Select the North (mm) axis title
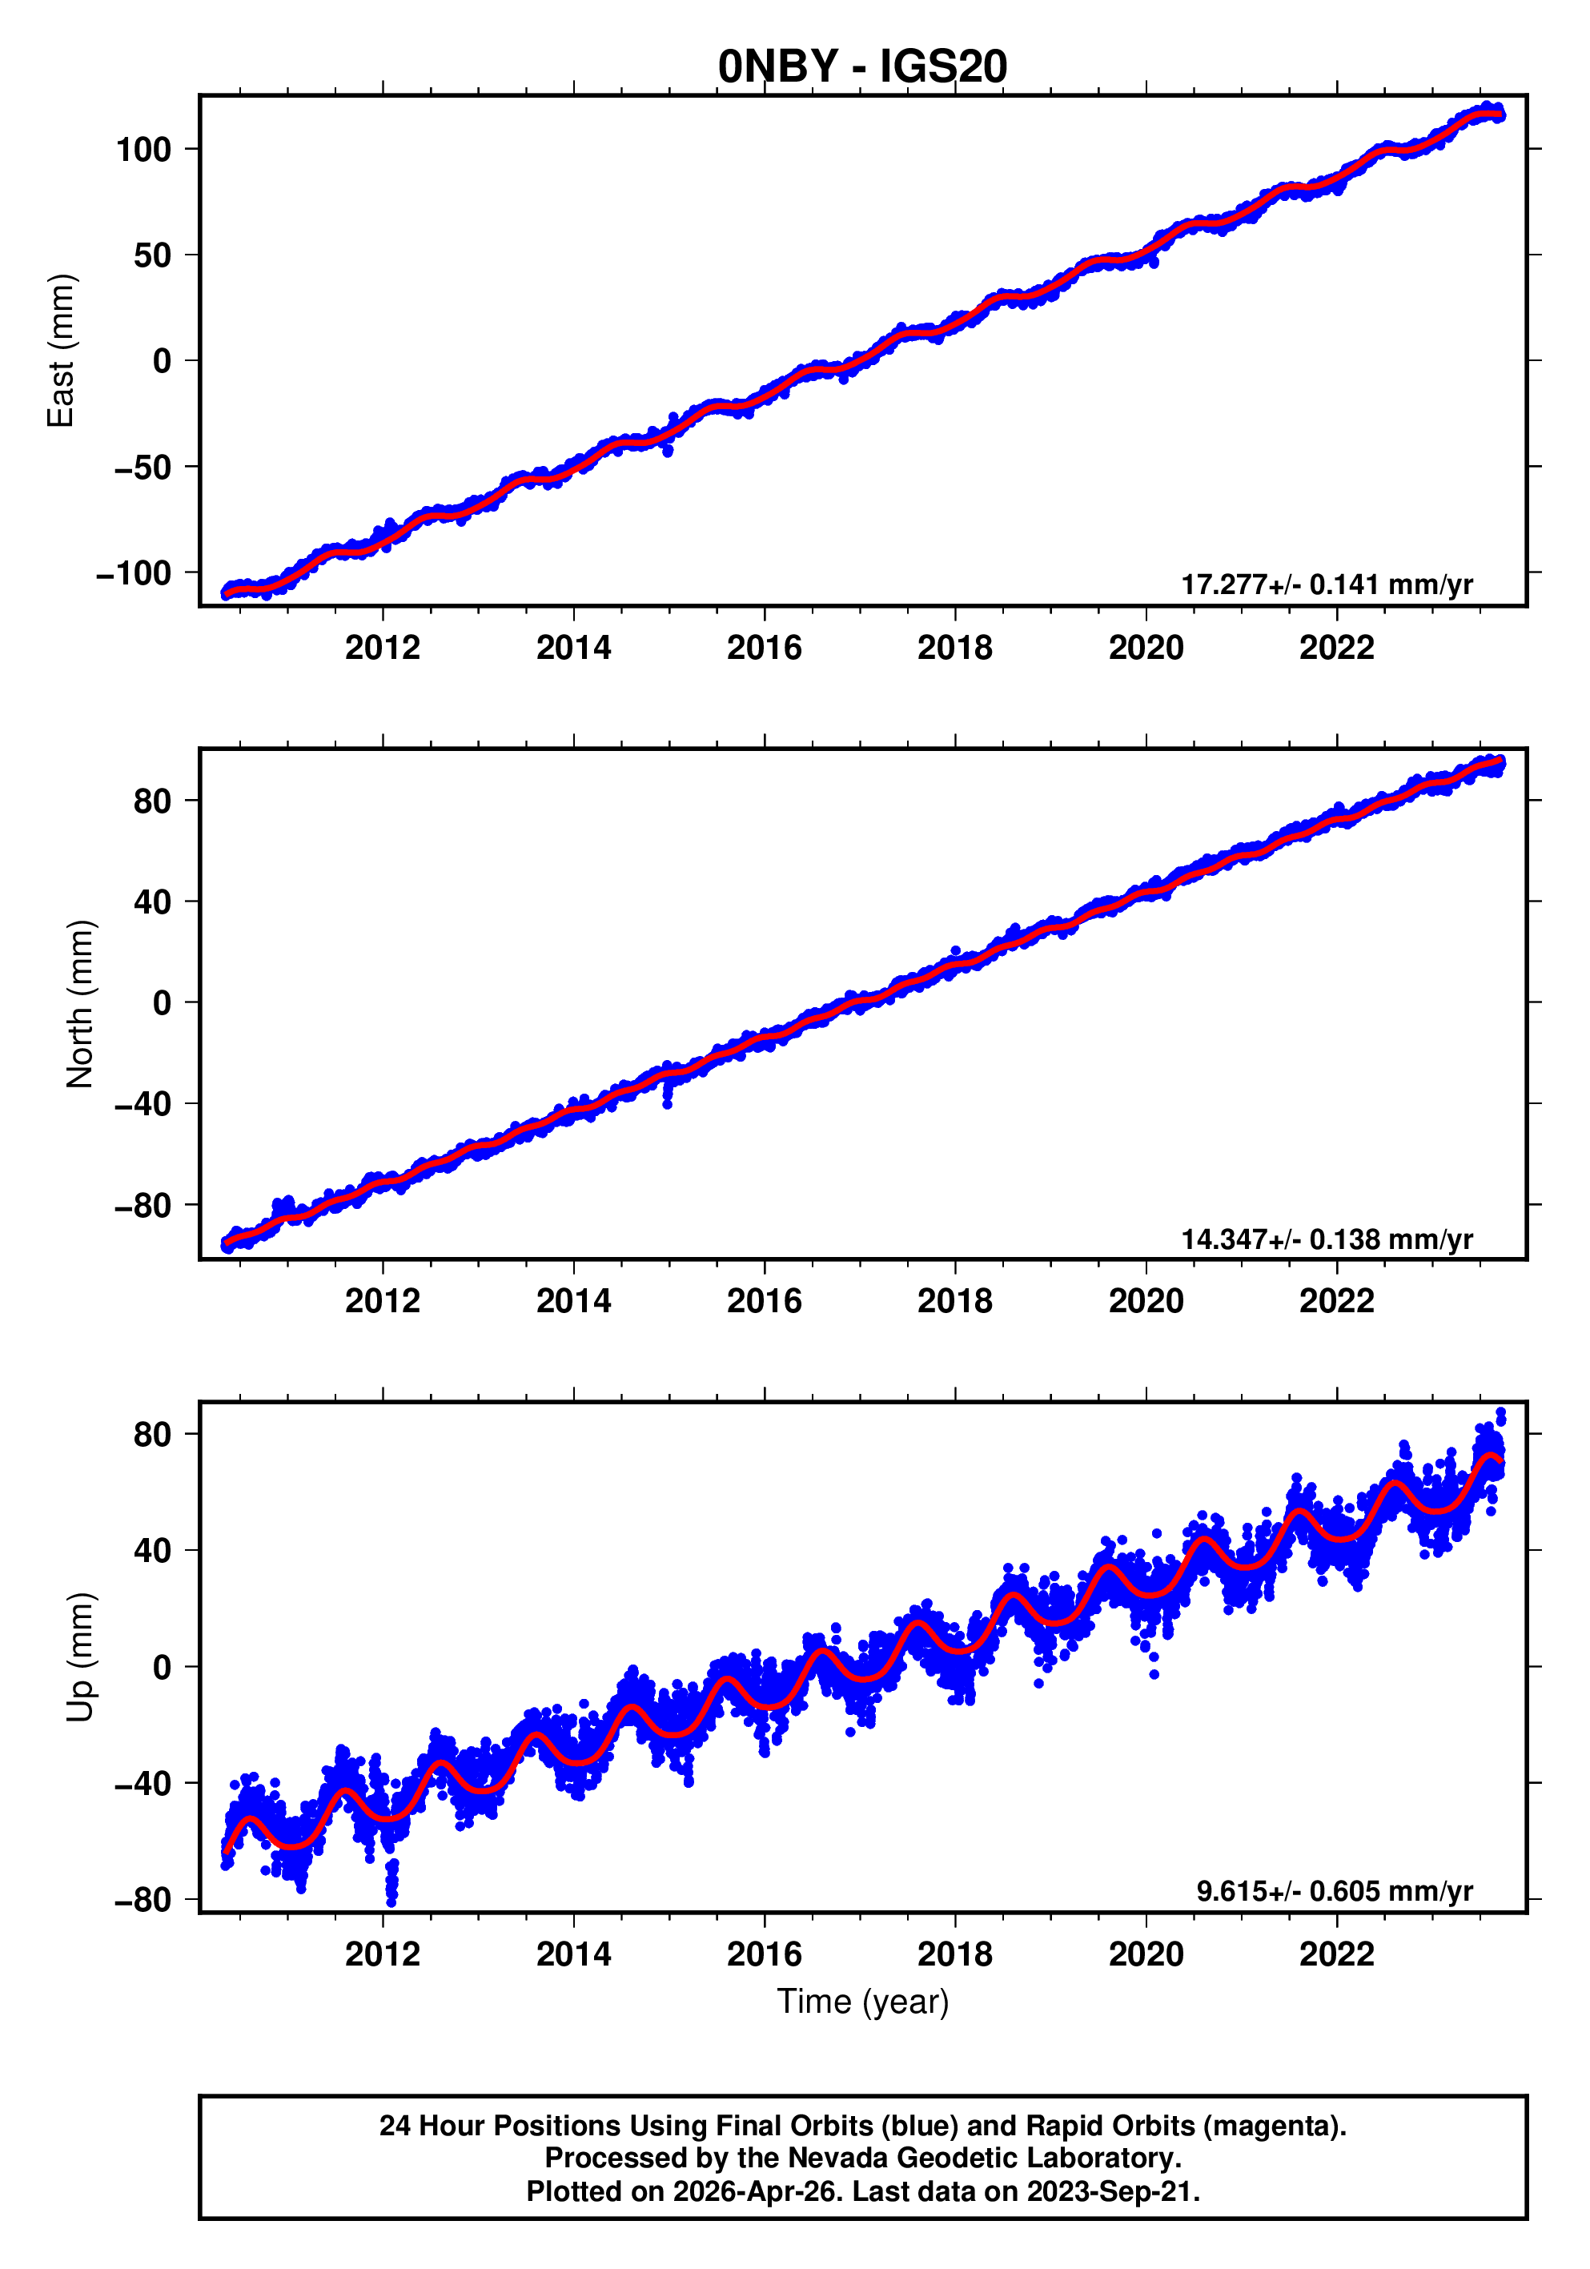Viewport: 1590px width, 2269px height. [79, 1004]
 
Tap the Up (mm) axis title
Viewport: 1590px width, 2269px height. [79, 1657]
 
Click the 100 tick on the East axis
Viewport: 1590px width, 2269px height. [143, 151]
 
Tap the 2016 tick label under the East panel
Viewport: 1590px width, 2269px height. [764, 649]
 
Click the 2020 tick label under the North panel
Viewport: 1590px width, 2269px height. [1146, 1302]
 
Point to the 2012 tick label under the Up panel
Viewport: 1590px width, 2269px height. [383, 1954]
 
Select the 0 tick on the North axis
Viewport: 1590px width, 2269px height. [162, 1004]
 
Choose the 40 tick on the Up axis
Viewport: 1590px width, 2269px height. [152, 1551]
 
